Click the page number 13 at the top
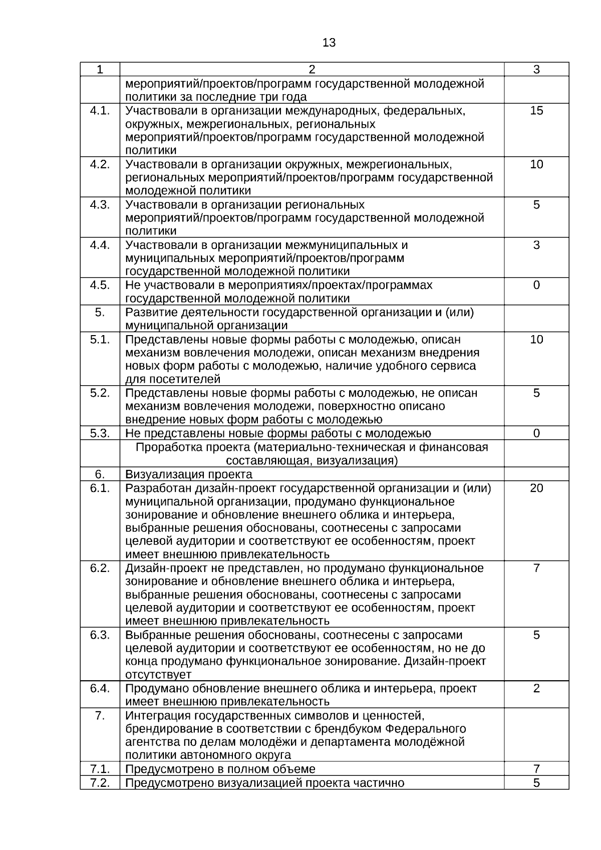329,43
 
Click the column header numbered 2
312,70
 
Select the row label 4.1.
100,111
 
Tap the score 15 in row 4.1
536,111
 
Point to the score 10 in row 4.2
536,164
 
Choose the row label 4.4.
100,245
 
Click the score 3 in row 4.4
536,245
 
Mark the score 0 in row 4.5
536,285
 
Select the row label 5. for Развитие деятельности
100,313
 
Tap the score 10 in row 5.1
536,340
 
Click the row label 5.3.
100,433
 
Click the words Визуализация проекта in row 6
189,474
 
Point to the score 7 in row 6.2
536,568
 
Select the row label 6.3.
100,635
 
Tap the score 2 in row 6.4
536,688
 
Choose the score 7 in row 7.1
536,769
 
